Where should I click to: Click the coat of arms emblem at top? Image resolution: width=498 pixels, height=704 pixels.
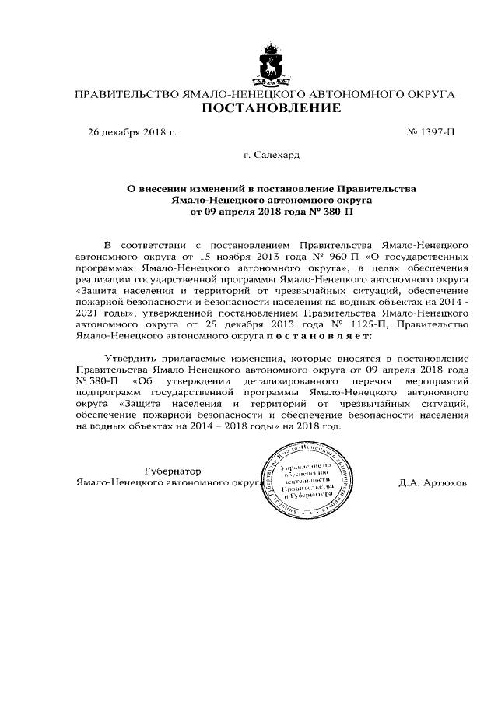271,65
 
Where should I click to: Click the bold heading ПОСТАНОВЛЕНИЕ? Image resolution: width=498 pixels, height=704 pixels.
271,108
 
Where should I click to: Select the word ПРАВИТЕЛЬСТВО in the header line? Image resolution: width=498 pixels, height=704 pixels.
124,93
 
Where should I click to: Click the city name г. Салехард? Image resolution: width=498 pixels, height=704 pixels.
271,156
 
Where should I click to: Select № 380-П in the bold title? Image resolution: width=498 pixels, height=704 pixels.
321,211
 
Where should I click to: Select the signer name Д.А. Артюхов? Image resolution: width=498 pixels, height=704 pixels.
432,482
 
